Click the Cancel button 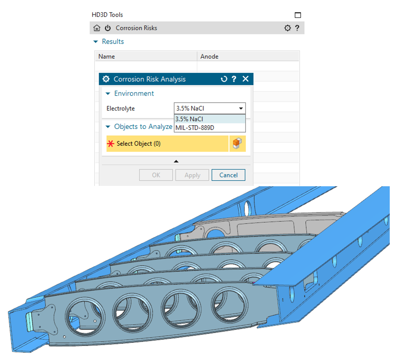click(x=228, y=175)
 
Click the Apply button click(x=192, y=175)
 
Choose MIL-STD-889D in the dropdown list click(x=195, y=128)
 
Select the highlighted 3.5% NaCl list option click(x=189, y=119)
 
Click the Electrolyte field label click(x=120, y=108)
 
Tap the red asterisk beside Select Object click(x=111, y=144)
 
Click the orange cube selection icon click(x=237, y=144)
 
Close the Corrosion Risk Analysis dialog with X click(x=245, y=79)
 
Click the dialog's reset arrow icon click(x=224, y=79)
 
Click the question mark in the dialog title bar click(x=234, y=79)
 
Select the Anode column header click(x=210, y=56)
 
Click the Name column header click(x=106, y=56)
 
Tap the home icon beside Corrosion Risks click(x=97, y=28)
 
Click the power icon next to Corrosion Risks click(x=108, y=28)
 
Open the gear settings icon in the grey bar click(x=288, y=28)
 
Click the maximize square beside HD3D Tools click(x=298, y=15)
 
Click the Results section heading click(x=113, y=42)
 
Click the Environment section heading click(x=134, y=93)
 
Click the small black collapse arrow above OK click(x=176, y=161)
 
